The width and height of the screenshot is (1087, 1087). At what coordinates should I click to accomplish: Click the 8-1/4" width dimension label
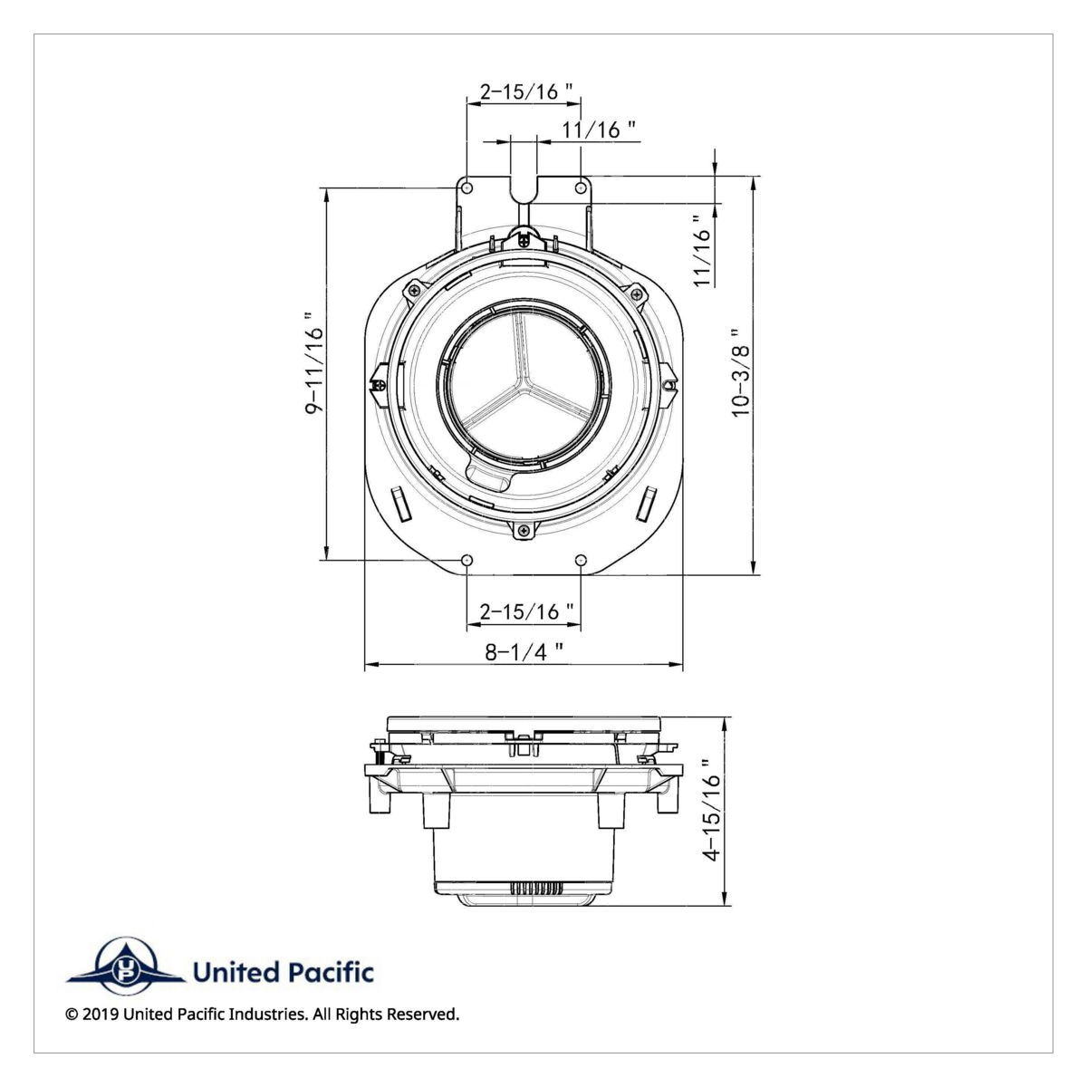[x=524, y=651]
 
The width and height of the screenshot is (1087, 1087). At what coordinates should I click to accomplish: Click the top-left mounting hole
[x=467, y=188]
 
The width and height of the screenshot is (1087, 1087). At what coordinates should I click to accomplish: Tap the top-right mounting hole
[x=581, y=188]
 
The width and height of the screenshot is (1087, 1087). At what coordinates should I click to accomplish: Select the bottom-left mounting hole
[x=467, y=560]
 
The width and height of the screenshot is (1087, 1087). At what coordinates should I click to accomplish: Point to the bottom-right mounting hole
[x=581, y=560]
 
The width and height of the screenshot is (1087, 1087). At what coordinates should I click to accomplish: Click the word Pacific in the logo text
[x=331, y=973]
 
